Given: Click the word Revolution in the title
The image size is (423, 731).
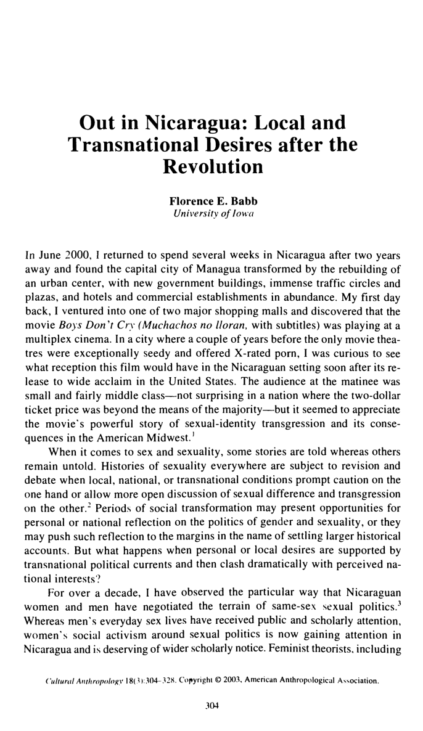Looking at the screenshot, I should (212, 167).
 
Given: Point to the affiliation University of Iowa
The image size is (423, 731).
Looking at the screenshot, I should (212, 214).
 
